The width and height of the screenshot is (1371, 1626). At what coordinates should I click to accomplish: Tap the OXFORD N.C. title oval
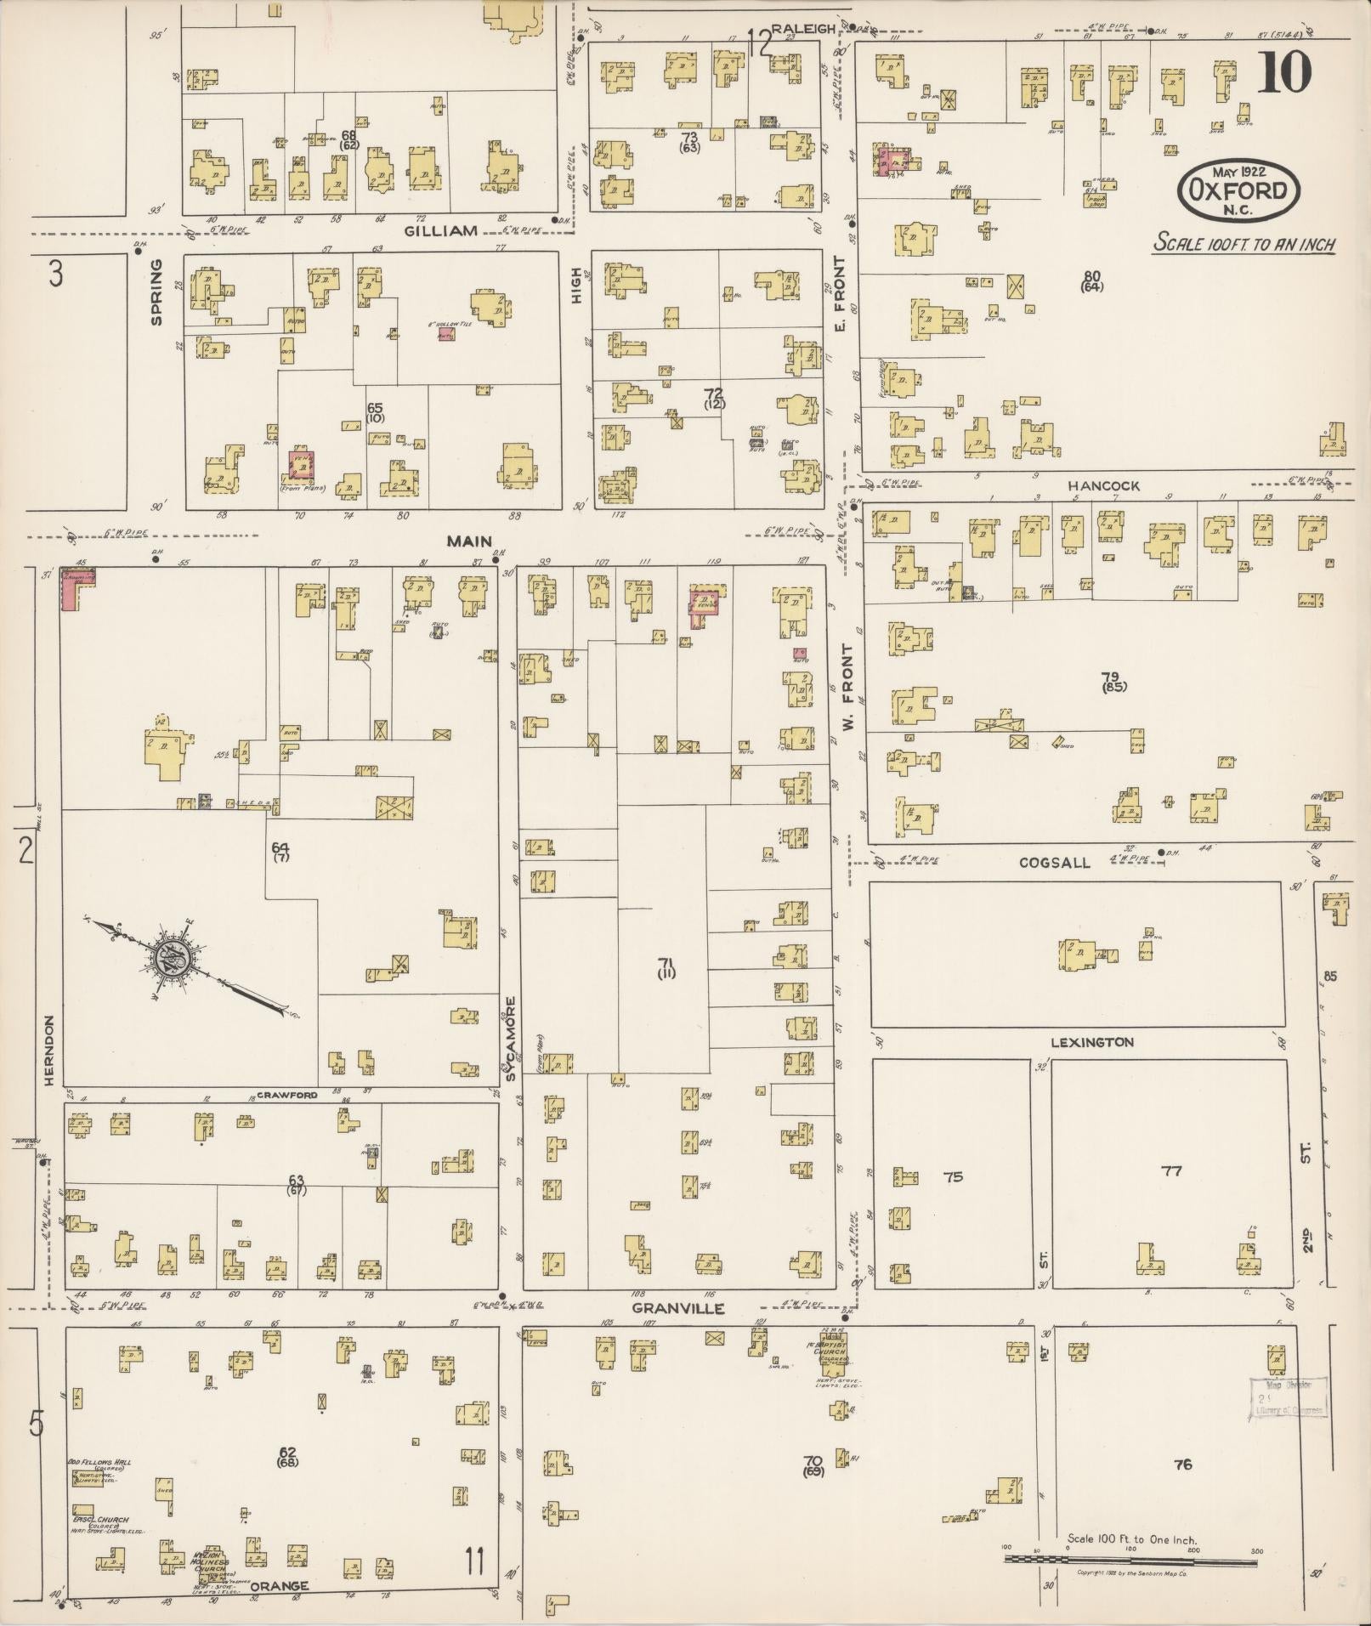1238,189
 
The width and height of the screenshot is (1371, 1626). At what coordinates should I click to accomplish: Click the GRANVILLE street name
678,1308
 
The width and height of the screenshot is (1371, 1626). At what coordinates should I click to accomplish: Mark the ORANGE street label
278,1586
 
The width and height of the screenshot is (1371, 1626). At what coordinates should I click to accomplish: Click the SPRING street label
156,292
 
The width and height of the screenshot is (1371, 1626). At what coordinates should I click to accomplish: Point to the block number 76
1182,1464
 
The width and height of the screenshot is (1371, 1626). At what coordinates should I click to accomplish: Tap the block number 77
1171,1170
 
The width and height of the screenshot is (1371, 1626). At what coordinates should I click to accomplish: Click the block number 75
955,1177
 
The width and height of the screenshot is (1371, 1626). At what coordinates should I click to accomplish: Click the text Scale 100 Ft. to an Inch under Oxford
1244,244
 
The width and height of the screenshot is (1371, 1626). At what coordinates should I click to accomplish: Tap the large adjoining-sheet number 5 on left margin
36,1423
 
